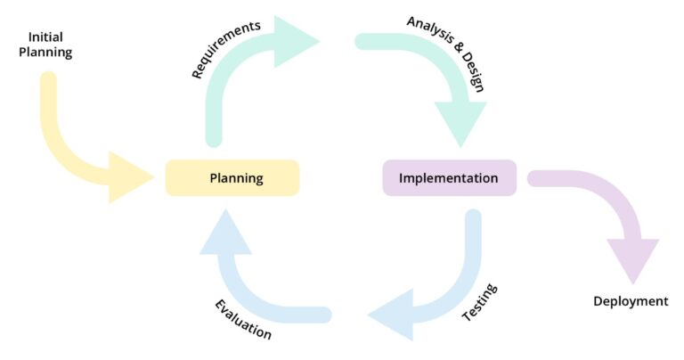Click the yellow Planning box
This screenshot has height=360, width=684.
pos(232,178)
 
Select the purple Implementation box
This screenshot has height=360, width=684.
pos(449,178)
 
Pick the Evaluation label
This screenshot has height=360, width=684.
pos(243,319)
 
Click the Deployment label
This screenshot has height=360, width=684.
pos(631,301)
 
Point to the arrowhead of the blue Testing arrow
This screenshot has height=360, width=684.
pos(392,315)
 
